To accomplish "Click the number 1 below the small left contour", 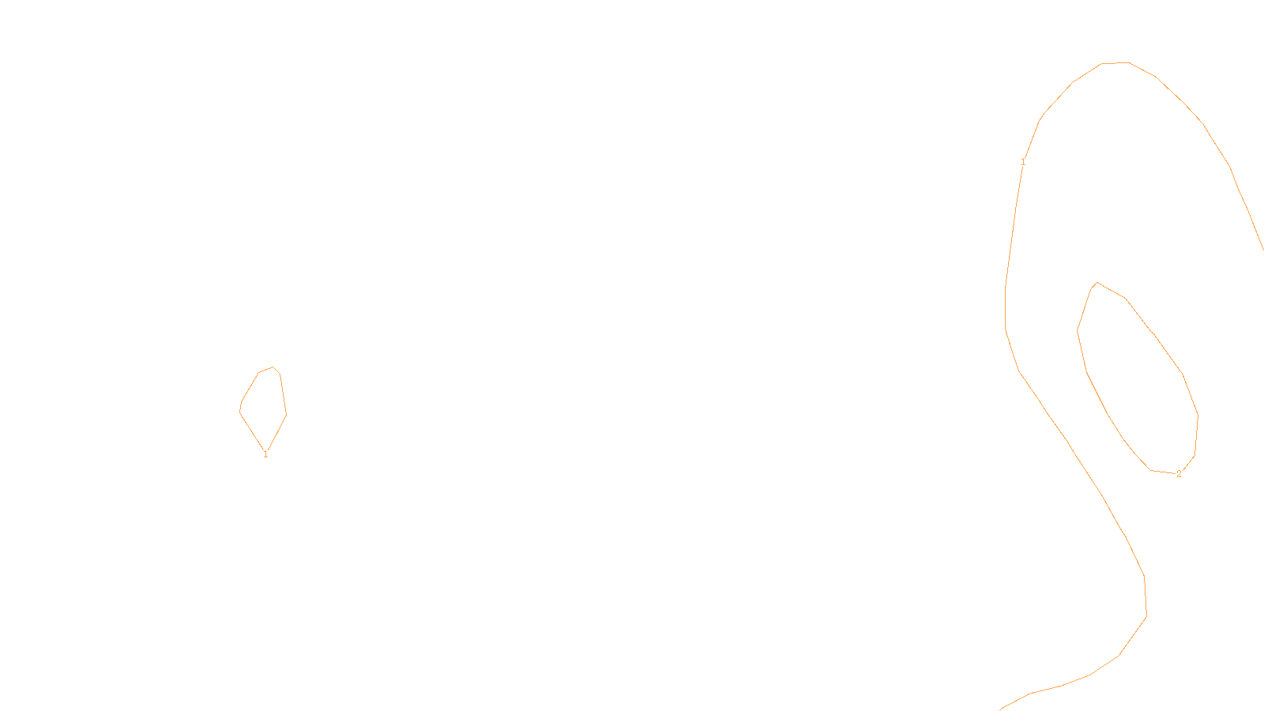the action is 265,454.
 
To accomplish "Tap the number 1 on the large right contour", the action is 1023,162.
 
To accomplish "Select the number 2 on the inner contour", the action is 1179,474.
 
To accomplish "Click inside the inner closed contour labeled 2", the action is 1138,379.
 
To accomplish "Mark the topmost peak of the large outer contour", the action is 1115,62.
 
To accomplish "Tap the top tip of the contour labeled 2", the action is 1097,282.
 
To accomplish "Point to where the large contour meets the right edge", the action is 1262,249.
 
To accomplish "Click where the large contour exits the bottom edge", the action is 1000,709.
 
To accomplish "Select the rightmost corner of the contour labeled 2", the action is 1198,416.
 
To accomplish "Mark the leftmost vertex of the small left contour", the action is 239,409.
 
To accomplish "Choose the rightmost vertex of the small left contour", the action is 286,414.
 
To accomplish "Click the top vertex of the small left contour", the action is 273,367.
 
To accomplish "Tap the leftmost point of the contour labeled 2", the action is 1078,330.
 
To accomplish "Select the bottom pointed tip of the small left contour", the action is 265,448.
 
